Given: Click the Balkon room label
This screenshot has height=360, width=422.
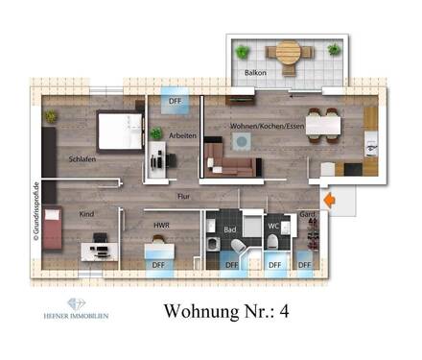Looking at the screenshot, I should [x=255, y=72].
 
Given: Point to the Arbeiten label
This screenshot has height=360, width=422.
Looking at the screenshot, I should [x=182, y=135].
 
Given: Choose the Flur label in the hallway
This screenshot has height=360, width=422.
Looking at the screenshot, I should [x=183, y=196].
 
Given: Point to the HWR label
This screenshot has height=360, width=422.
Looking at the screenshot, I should [x=161, y=225].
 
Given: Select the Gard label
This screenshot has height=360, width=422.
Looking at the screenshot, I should [x=307, y=215].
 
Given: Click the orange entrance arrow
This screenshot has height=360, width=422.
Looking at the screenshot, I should [x=330, y=201].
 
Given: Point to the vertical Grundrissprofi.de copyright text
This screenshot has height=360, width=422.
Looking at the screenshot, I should [x=35, y=215].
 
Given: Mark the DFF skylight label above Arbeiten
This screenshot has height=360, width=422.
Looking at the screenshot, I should [x=176, y=100].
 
